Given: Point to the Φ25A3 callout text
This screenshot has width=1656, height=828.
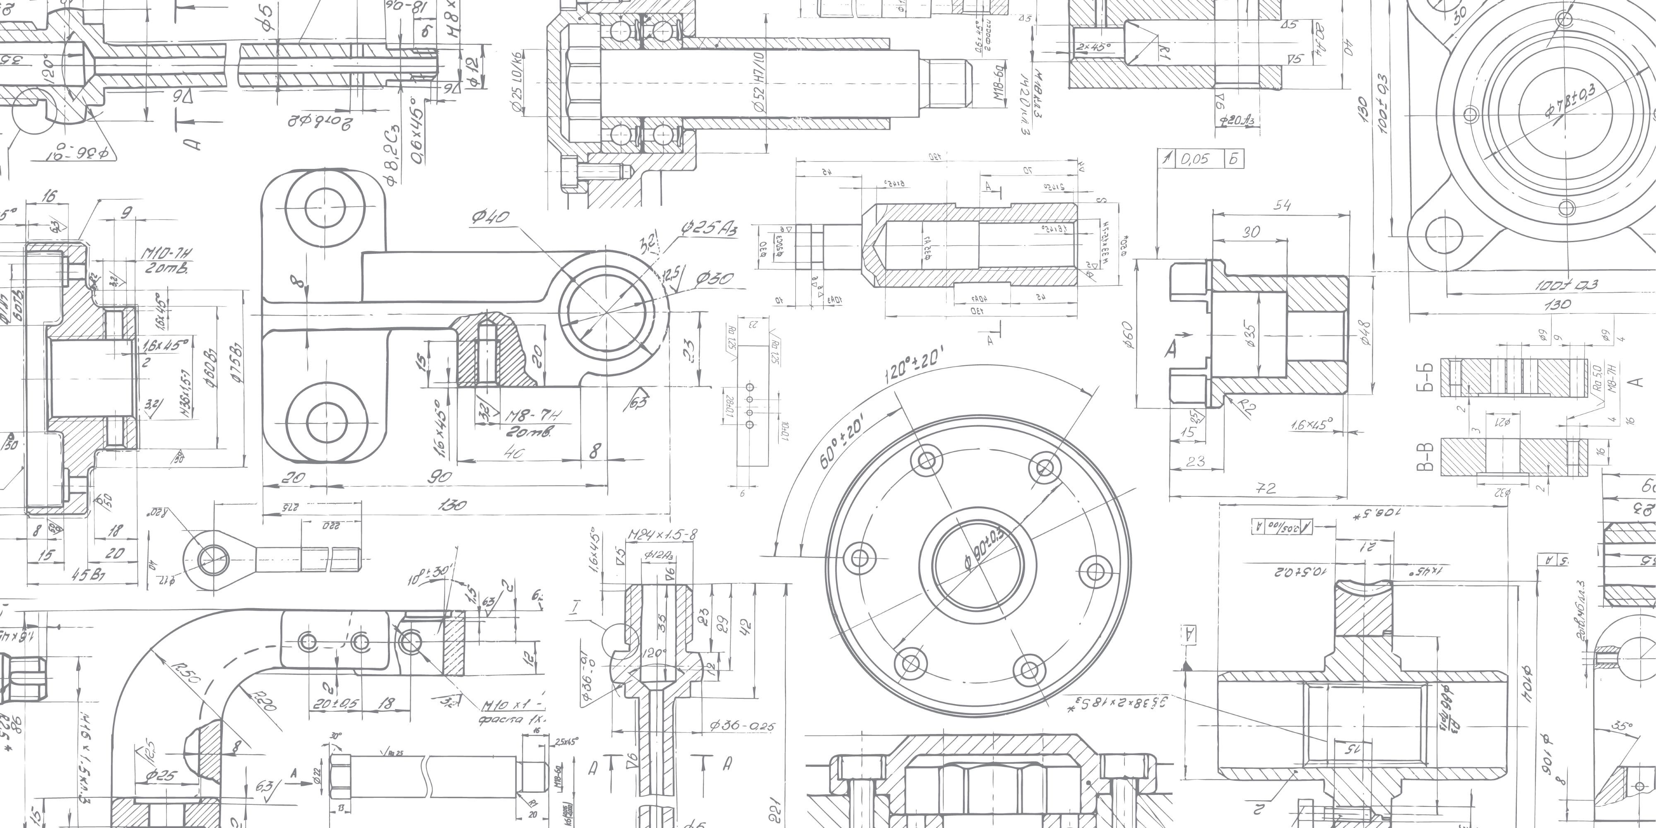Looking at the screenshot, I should tap(709, 228).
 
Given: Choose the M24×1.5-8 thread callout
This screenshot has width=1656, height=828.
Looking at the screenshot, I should tap(662, 534).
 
